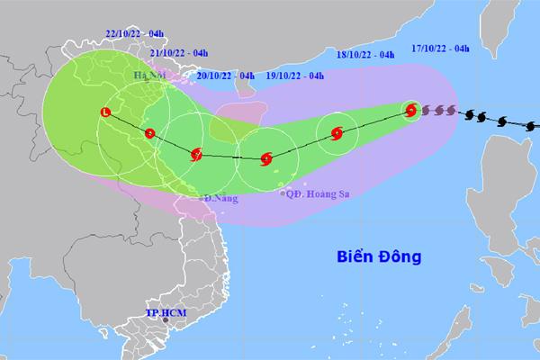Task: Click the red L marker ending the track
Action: (106, 112)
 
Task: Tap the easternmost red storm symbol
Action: (411, 111)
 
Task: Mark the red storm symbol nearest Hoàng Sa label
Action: (265, 159)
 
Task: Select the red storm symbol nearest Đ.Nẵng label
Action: (197, 155)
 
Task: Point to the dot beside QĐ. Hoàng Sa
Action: (283, 193)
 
